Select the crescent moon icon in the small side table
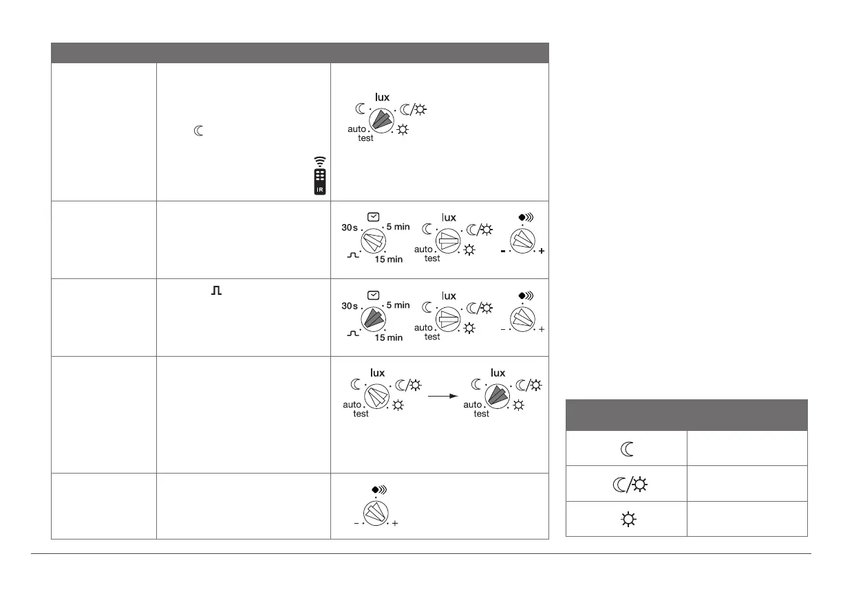click(x=626, y=448)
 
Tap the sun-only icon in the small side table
click(x=626, y=518)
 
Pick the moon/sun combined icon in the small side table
click(x=626, y=483)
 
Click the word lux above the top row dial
click(x=382, y=97)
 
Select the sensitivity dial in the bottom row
click(x=376, y=513)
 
